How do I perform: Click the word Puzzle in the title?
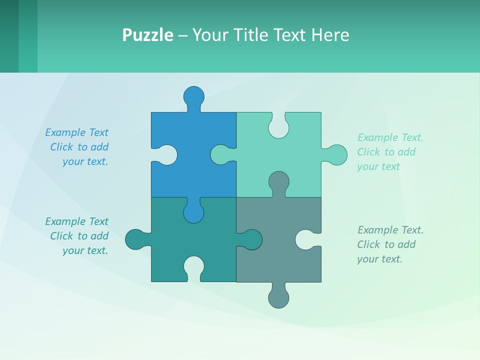(147, 35)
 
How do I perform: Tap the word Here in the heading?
(329, 35)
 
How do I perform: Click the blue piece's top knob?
(194, 96)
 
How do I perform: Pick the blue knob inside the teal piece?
(194, 212)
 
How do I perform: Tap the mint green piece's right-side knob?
(337, 155)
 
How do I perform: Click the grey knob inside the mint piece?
(278, 181)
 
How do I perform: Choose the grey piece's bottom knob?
(278, 297)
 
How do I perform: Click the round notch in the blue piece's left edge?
(167, 155)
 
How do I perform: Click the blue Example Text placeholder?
(77, 147)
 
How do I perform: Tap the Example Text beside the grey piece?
(390, 244)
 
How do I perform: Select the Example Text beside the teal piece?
(77, 236)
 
